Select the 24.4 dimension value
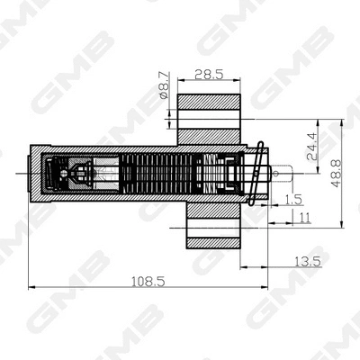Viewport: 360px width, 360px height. (x=311, y=146)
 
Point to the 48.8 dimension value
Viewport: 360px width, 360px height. (x=336, y=170)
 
